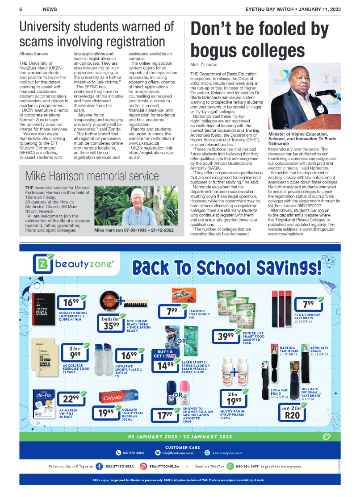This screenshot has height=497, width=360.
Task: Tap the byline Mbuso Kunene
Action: [x=34, y=54]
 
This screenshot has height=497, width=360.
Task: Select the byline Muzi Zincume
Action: [x=204, y=64]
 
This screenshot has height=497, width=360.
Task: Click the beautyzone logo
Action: [x=74, y=264]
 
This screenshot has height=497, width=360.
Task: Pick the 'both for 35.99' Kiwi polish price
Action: [x=110, y=322]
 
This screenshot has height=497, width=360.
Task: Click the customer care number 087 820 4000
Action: [x=130, y=452]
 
